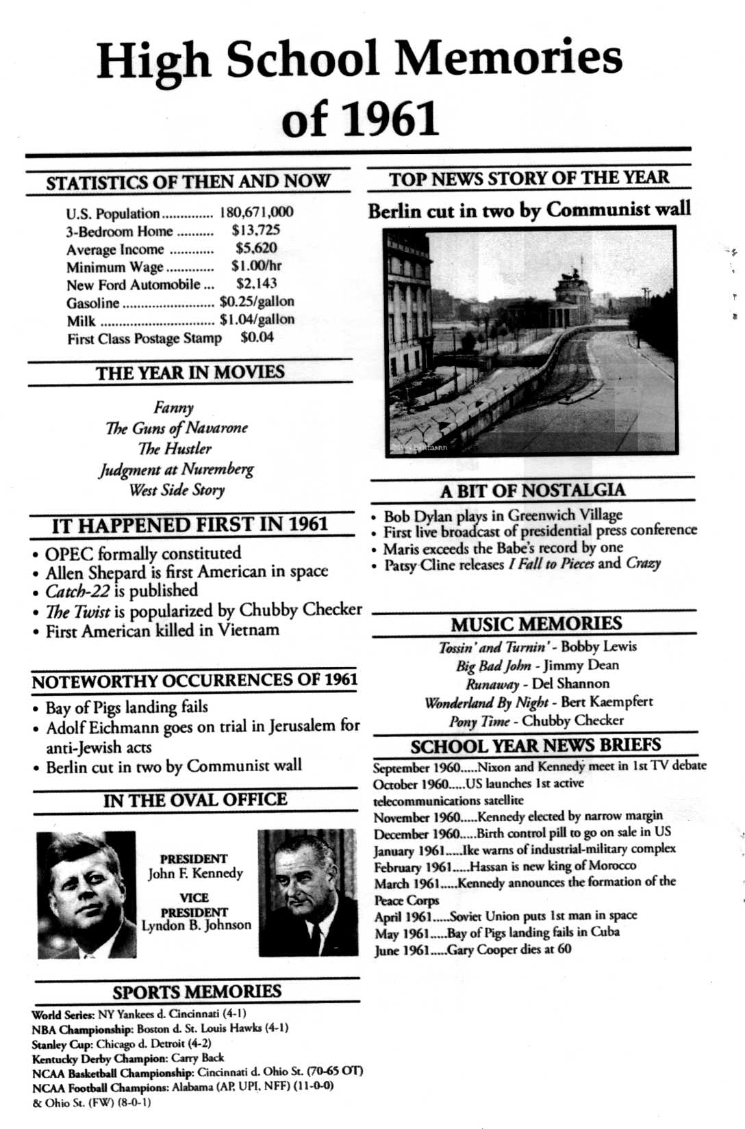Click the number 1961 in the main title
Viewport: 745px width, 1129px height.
(x=390, y=119)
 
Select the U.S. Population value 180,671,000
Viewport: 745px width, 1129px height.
(x=256, y=212)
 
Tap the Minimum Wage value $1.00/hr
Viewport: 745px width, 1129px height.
(x=256, y=265)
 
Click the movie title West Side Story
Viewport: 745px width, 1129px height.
(x=177, y=490)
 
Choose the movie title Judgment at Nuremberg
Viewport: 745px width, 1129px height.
(x=176, y=469)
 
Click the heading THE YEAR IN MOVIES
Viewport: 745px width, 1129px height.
(x=190, y=373)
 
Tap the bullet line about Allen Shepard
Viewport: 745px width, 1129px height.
(x=186, y=572)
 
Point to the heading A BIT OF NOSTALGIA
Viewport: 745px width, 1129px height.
(x=532, y=491)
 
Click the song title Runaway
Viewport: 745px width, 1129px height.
(x=492, y=684)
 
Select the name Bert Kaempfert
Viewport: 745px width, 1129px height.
(x=607, y=702)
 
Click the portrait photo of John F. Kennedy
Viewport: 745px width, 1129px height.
(x=86, y=894)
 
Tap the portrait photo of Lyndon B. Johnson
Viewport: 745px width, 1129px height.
(x=307, y=892)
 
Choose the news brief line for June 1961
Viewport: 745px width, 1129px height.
(x=472, y=950)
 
